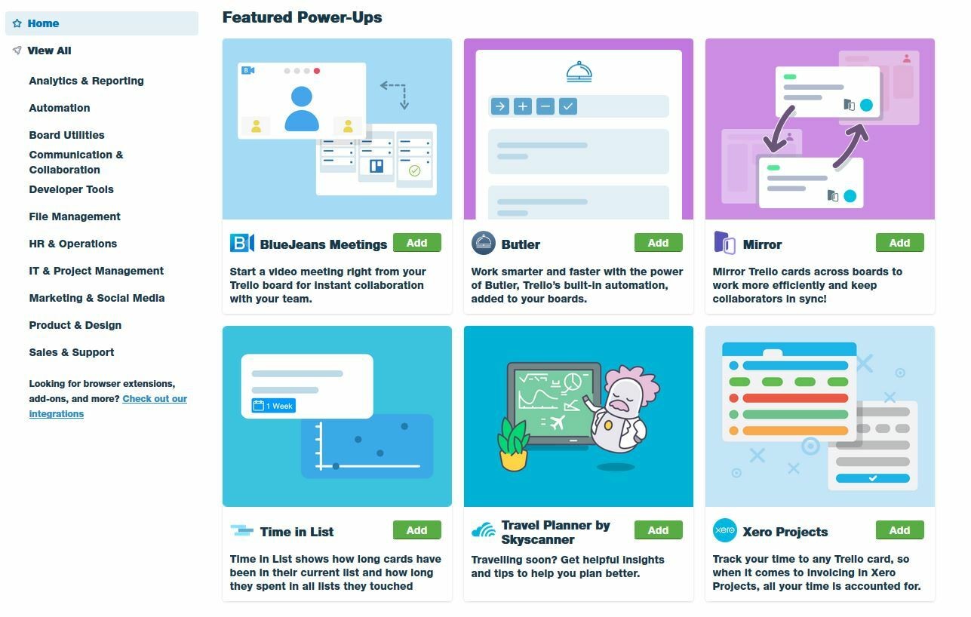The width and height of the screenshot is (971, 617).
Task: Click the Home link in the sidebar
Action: (x=43, y=23)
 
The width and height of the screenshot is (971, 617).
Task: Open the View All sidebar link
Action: (x=49, y=51)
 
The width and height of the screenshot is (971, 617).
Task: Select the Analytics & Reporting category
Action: (x=86, y=81)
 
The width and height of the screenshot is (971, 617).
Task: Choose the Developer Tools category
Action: (x=71, y=189)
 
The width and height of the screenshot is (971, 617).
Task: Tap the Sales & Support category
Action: (x=72, y=352)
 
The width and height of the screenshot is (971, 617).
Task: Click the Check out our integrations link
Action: (x=108, y=406)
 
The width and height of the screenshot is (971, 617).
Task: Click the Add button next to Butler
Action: (x=658, y=243)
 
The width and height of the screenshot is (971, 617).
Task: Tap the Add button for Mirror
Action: (x=899, y=243)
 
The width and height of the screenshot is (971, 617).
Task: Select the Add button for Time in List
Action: (x=416, y=530)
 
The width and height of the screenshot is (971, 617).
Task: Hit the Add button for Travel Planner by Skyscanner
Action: (x=658, y=530)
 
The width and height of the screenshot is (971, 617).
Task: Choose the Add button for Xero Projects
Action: (x=899, y=530)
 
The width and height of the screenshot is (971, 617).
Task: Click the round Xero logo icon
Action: (x=724, y=530)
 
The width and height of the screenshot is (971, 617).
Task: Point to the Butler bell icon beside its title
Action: (x=483, y=243)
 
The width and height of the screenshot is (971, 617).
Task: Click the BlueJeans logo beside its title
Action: (x=242, y=243)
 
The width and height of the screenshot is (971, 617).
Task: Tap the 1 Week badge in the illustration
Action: (x=274, y=406)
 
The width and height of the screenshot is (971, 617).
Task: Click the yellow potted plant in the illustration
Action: (x=513, y=444)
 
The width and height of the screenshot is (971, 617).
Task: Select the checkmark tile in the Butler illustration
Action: (x=567, y=106)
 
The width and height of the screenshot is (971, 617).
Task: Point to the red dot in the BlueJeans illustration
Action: (x=317, y=71)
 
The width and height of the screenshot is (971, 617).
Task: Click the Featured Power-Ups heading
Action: (x=302, y=17)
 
